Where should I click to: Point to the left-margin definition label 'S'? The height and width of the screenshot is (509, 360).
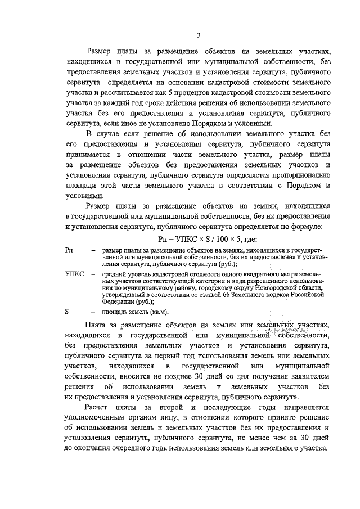[67, 312]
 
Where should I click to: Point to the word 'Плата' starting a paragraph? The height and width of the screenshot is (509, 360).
[96, 325]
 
